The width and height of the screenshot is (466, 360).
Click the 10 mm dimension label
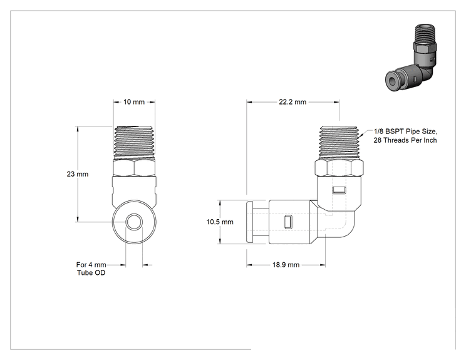pyautogui.click(x=134, y=102)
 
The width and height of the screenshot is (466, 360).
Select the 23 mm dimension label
pyautogui.click(x=78, y=174)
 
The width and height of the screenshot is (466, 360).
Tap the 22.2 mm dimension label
pyautogui.click(x=293, y=102)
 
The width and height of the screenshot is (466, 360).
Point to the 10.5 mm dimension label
pyautogui.click(x=220, y=222)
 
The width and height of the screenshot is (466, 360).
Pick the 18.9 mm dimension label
pyautogui.click(x=286, y=265)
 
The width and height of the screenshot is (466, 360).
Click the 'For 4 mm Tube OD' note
pyautogui.click(x=91, y=269)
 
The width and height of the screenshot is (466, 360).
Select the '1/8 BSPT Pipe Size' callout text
pyautogui.click(x=405, y=131)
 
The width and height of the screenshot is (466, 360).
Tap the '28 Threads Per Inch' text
pyautogui.click(x=405, y=140)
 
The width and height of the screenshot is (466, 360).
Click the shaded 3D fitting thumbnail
pyautogui.click(x=412, y=58)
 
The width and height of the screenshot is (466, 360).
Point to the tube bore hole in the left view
pyautogui.click(x=134, y=222)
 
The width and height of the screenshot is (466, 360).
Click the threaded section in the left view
pyautogui.click(x=134, y=142)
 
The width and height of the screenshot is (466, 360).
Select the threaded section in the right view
pyautogui.click(x=339, y=142)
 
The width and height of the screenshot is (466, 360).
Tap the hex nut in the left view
pyautogui.click(x=134, y=167)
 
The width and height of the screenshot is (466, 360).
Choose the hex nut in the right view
pyautogui.click(x=339, y=167)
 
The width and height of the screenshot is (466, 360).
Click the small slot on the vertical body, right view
pyautogui.click(x=339, y=190)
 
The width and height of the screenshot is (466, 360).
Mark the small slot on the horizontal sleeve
pyautogui.click(x=287, y=222)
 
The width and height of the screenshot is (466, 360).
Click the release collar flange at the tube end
pyautogui.click(x=250, y=222)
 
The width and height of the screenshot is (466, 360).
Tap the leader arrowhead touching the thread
pyautogui.click(x=361, y=136)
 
